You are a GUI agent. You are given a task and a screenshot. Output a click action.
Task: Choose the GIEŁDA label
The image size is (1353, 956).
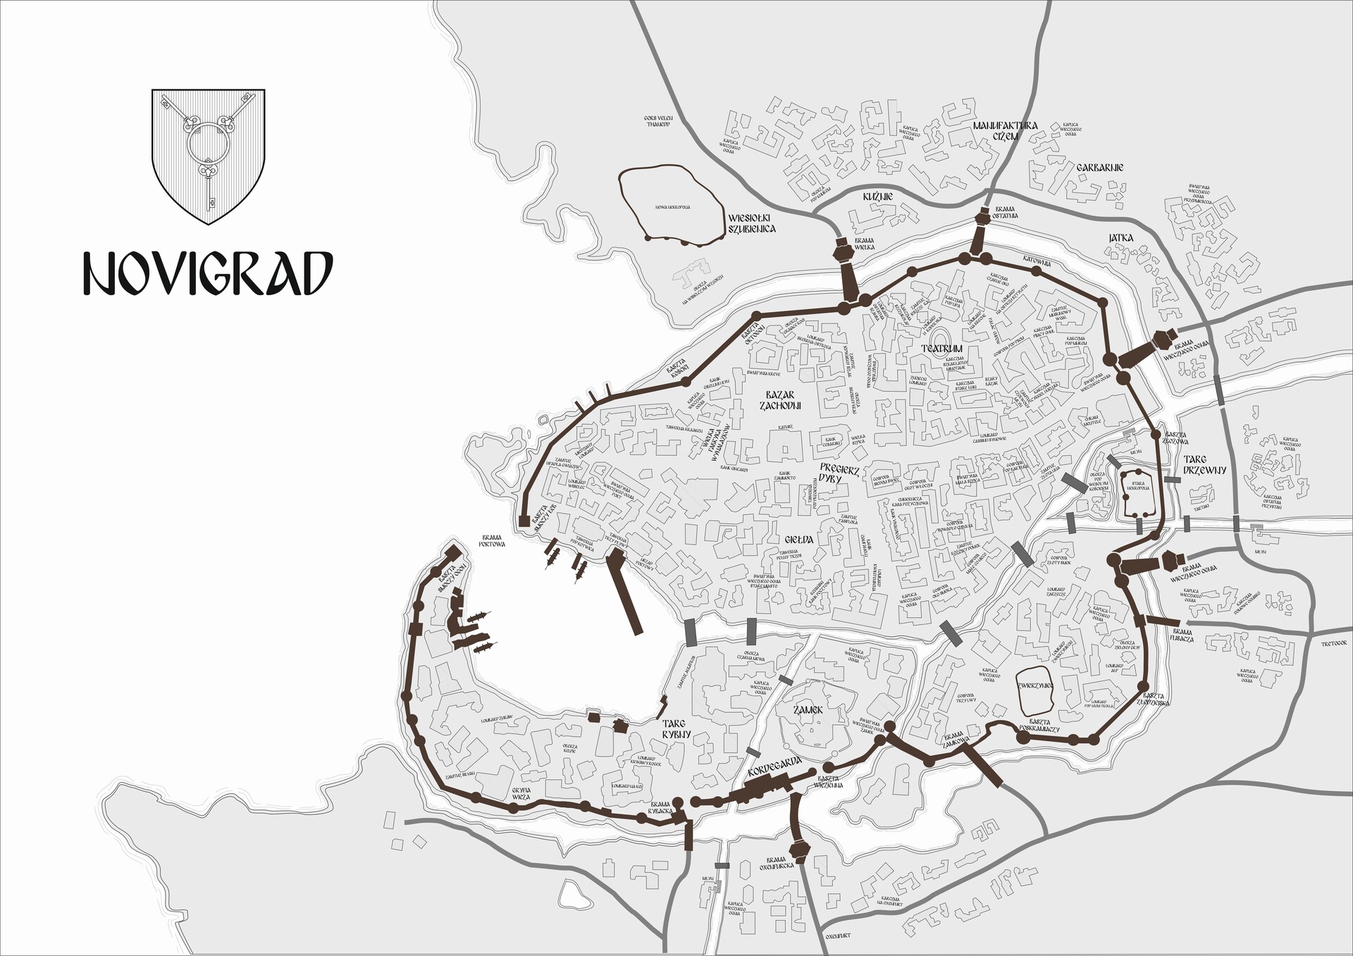coord(799,540)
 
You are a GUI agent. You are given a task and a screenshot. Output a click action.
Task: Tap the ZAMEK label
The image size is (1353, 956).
coord(808,711)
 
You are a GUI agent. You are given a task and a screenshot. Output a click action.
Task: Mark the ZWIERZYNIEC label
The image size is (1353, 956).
coord(1035,685)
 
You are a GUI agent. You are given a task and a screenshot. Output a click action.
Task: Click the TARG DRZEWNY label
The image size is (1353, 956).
coord(1205,465)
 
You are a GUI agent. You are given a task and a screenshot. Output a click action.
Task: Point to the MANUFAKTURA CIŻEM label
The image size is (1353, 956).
coord(1005,130)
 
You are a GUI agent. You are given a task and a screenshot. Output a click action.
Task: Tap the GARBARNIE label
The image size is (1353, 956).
coord(1099,168)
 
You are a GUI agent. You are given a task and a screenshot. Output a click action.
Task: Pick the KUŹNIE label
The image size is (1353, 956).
coord(878,197)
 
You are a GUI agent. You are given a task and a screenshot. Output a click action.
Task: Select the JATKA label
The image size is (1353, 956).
coord(1120,238)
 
